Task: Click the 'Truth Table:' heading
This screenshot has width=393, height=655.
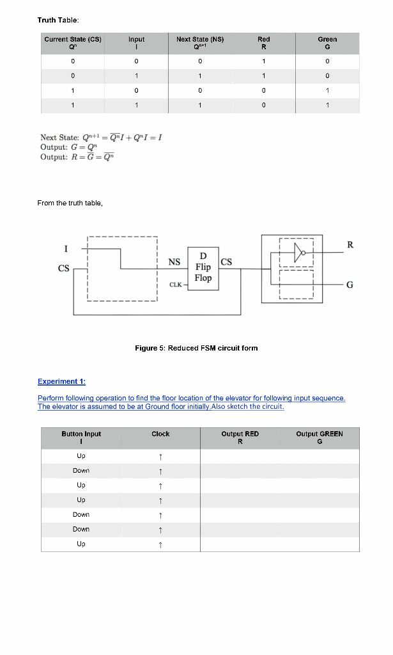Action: point(58,20)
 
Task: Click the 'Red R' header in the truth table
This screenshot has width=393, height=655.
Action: point(263,43)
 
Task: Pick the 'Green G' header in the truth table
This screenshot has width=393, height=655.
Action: point(327,43)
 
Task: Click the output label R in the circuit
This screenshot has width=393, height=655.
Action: point(350,244)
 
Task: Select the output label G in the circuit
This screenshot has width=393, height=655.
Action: point(350,285)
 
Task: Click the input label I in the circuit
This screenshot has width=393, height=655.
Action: point(66,248)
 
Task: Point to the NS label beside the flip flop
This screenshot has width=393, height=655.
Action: point(174,262)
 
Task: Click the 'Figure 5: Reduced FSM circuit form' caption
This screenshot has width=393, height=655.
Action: point(196,348)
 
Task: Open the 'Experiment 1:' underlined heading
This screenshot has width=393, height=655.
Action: point(61,381)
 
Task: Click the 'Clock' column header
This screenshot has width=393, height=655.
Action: point(160,434)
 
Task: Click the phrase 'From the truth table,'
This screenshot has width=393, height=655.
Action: point(70,203)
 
